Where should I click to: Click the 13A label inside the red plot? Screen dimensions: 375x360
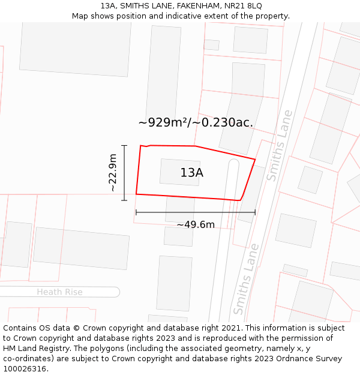click(x=191, y=173)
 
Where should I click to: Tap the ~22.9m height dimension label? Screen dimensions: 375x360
click(x=113, y=173)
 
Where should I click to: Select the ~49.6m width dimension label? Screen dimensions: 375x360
click(x=196, y=225)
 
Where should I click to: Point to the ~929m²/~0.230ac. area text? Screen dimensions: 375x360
click(x=196, y=123)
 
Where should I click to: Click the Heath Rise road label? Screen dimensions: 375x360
click(x=59, y=292)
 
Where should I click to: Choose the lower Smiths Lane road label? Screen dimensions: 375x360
click(x=246, y=279)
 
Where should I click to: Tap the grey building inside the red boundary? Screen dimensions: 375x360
click(x=179, y=172)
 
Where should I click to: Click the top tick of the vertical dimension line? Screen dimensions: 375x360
click(x=124, y=146)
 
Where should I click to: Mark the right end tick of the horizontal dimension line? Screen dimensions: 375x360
click(x=255, y=212)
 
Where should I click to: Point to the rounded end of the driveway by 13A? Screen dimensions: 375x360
click(x=233, y=163)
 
